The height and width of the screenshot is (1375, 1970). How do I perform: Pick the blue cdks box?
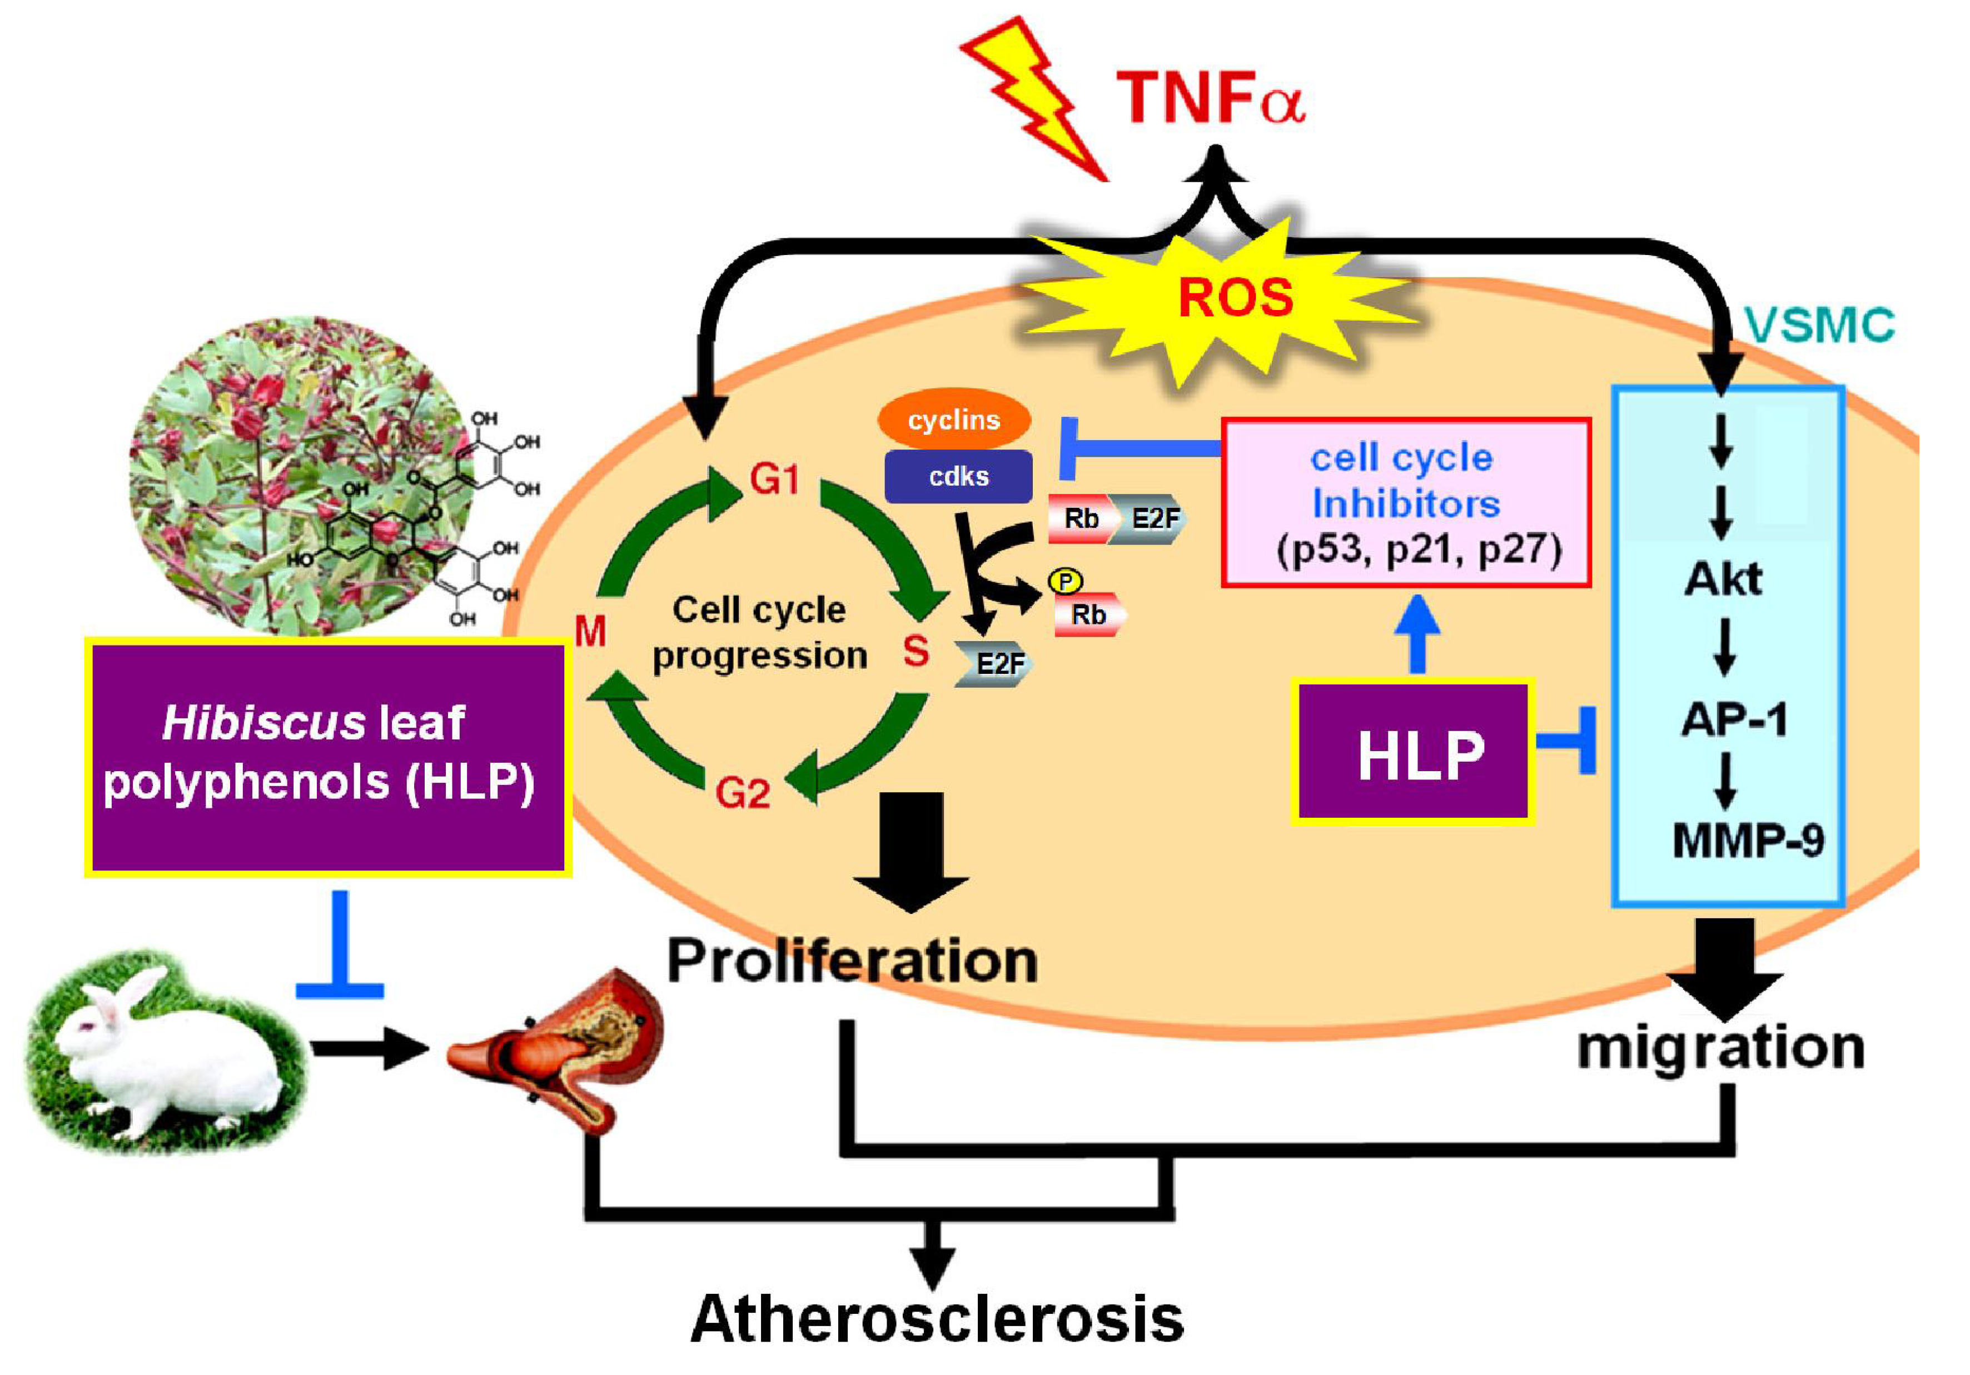tap(958, 477)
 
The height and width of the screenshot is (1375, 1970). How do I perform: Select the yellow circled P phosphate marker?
tap(1065, 582)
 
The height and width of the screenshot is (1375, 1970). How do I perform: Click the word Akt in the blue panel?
tap(1723, 580)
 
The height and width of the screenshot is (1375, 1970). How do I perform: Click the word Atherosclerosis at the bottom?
tap(937, 1319)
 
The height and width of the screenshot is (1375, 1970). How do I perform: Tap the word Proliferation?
tap(852, 961)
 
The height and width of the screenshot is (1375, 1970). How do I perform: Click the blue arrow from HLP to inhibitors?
tap(1416, 635)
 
